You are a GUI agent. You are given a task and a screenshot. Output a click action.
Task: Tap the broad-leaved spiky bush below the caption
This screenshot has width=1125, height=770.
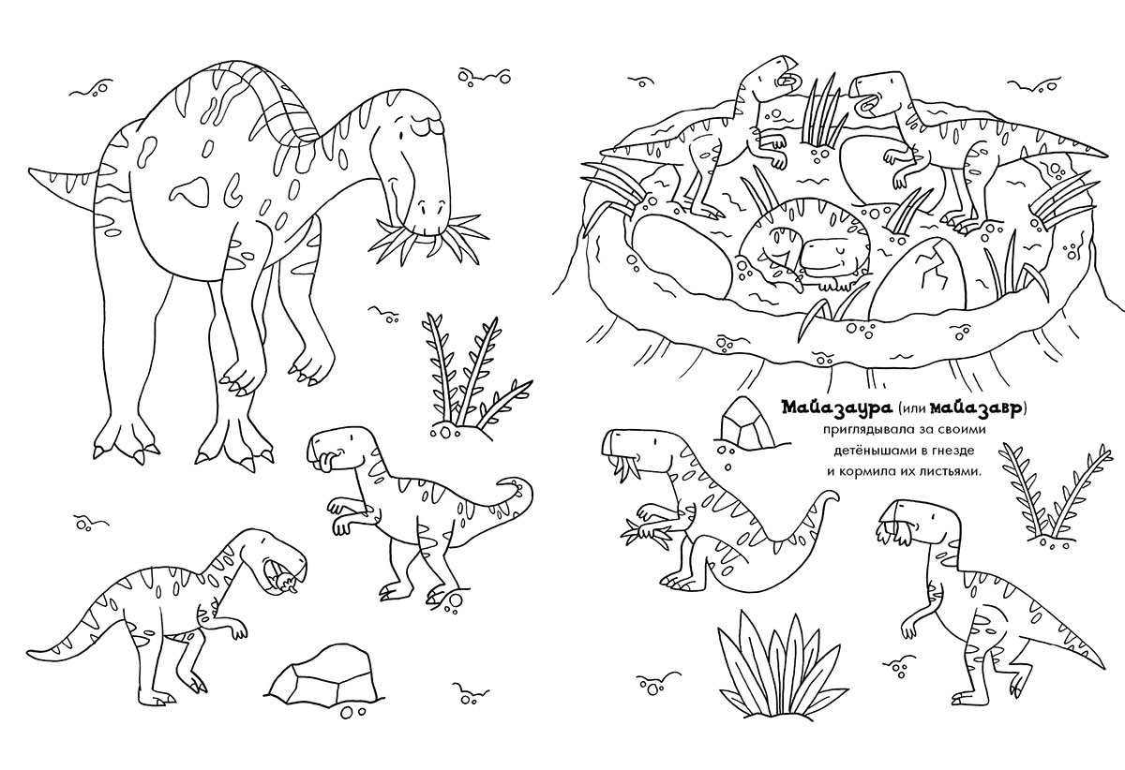[787, 661]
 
